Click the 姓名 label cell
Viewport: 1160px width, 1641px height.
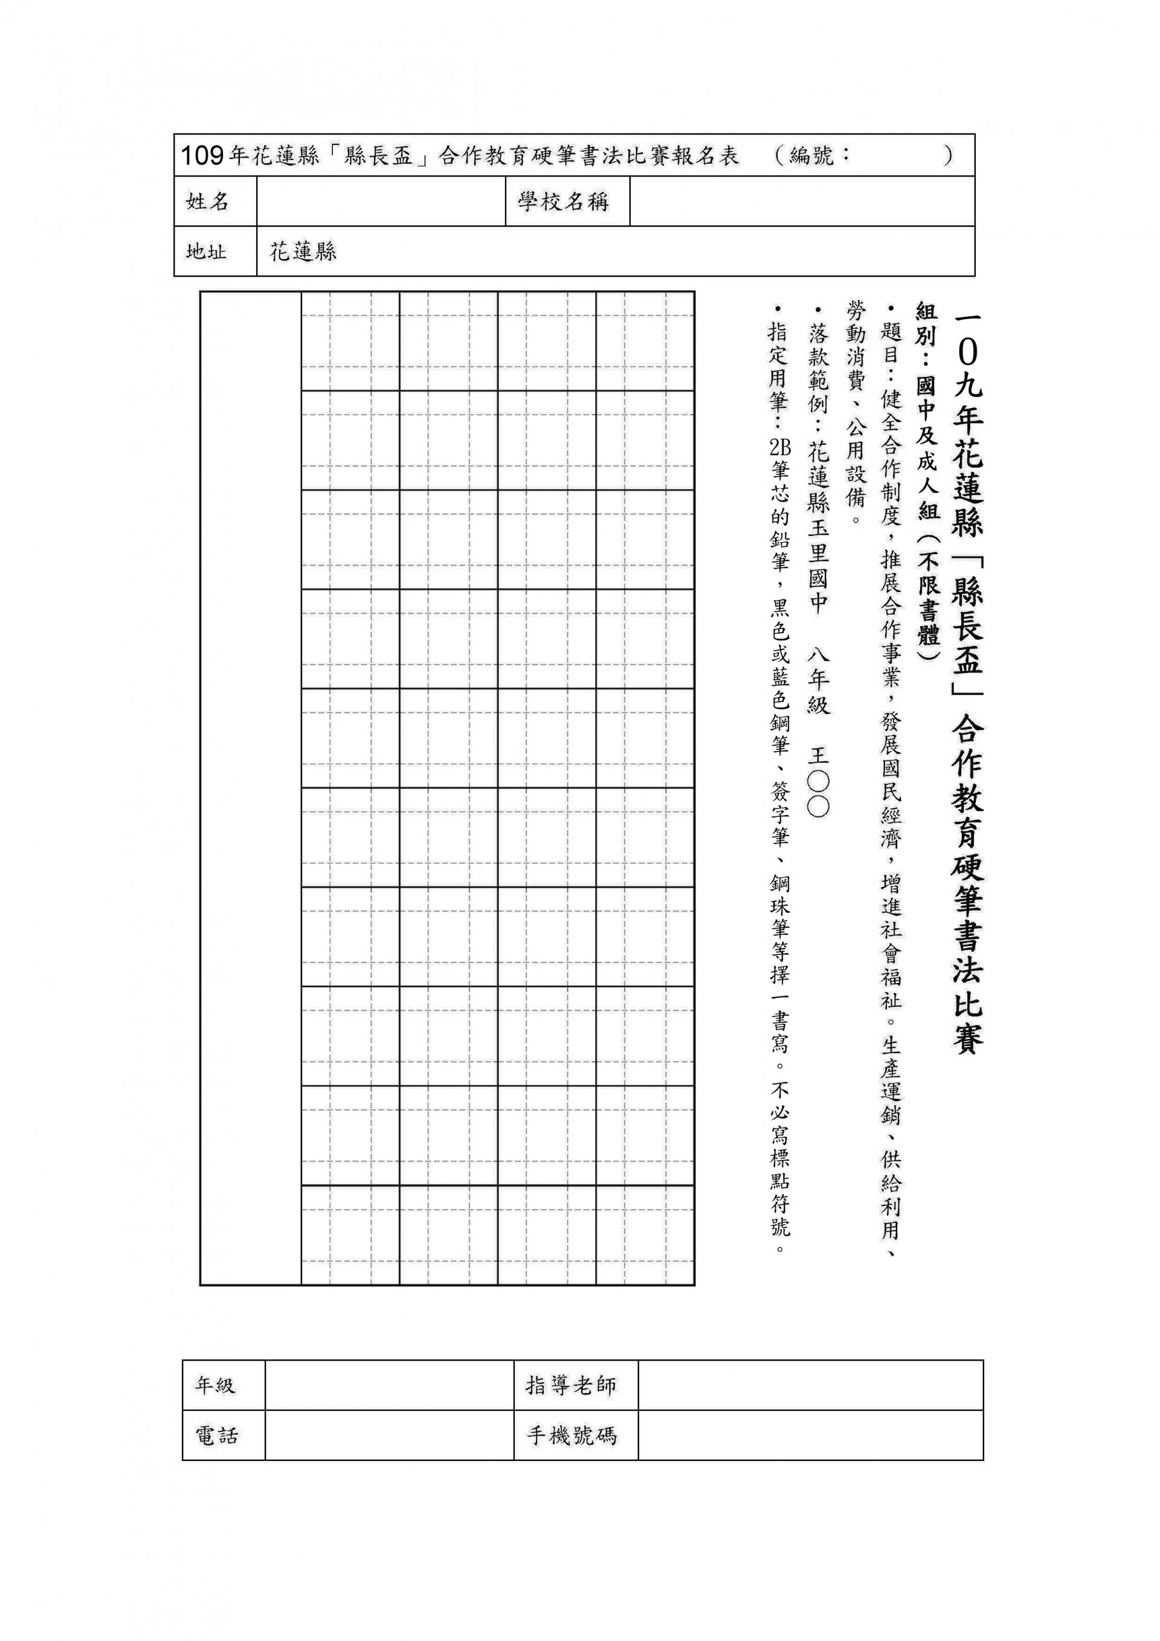[x=207, y=202]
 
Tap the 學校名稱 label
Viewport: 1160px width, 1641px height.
[x=563, y=202]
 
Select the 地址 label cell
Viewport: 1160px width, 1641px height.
[x=207, y=251]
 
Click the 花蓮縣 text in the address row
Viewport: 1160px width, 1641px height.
[x=303, y=251]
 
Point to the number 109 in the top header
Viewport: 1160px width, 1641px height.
[x=202, y=156]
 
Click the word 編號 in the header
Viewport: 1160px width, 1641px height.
[x=812, y=155]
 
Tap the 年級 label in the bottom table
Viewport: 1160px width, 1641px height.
[x=215, y=1385]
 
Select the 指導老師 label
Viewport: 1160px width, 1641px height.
[x=570, y=1385]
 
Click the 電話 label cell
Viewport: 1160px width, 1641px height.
[x=216, y=1435]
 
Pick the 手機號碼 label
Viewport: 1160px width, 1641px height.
[x=571, y=1435]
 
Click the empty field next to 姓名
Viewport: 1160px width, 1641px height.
[x=381, y=202]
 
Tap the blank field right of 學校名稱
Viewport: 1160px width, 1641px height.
[x=802, y=202]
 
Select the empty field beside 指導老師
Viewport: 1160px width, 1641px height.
[x=811, y=1385]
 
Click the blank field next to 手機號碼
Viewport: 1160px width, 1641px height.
[x=811, y=1435]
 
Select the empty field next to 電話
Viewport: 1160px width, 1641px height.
[x=389, y=1435]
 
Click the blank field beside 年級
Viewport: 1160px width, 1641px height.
[x=389, y=1385]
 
